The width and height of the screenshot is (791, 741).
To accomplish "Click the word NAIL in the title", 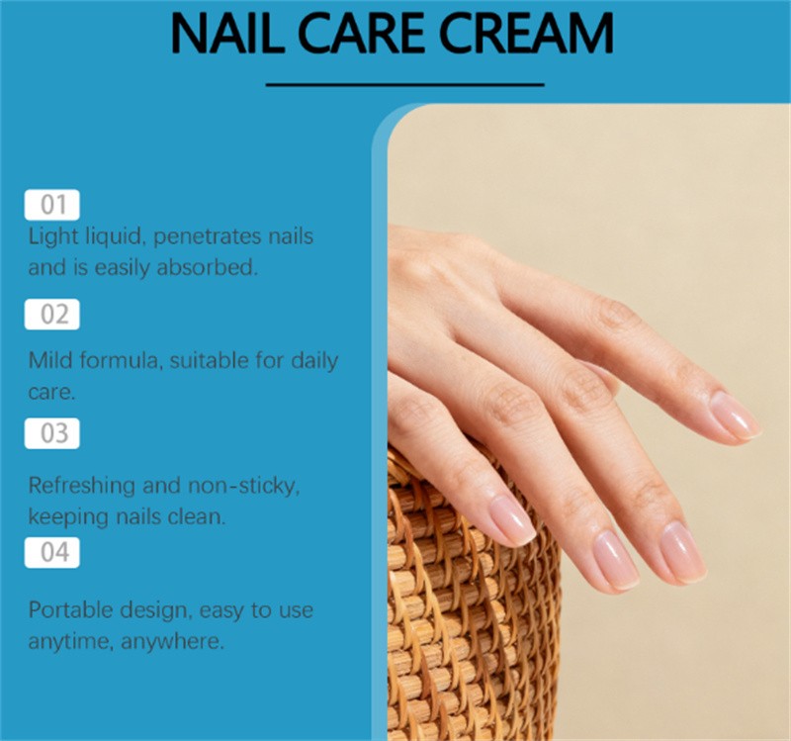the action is tap(228, 33).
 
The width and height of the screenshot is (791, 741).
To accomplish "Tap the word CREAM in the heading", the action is tap(526, 33).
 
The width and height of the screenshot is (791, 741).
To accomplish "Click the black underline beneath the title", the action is tap(405, 85).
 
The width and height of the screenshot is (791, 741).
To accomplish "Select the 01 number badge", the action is tap(52, 205).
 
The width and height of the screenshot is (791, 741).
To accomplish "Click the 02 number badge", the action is tap(52, 314).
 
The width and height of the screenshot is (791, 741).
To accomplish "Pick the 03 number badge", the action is tap(52, 433).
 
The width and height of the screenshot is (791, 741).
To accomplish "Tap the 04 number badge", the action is tap(52, 552).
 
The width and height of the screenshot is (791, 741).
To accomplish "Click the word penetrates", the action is tap(207, 237).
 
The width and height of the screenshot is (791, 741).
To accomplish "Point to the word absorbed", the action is tap(208, 267).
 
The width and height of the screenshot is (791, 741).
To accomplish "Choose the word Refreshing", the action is tap(82, 487).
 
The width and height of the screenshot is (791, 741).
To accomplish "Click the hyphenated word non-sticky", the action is tap(244, 486).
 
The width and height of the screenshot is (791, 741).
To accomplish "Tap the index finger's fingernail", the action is tap(734, 415).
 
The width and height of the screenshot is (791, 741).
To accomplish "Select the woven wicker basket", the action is tap(472, 596).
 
